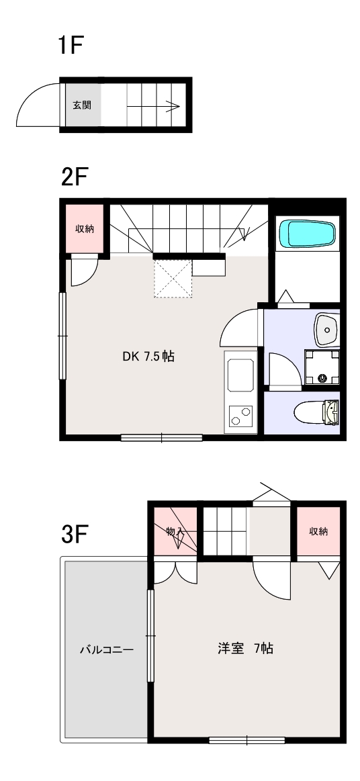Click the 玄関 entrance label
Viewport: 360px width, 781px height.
[82, 105]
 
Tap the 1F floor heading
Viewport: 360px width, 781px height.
[70, 45]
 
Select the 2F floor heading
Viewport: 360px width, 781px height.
[75, 177]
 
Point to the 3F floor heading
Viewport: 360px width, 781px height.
[75, 535]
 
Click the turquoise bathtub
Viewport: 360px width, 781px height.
[307, 234]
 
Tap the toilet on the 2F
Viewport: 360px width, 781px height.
[317, 412]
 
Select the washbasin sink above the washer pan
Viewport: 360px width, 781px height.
[326, 329]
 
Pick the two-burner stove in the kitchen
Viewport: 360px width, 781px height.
[240, 416]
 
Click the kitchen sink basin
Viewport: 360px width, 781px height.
[240, 375]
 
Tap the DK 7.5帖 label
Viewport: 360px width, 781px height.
[148, 357]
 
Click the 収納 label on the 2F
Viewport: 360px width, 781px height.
[85, 228]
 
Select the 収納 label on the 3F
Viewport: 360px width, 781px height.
[318, 531]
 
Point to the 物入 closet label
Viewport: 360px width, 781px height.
[175, 531]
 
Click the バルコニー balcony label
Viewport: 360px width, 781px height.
[107, 650]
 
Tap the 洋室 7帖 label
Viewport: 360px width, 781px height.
[245, 649]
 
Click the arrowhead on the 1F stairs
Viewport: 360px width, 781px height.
[173, 106]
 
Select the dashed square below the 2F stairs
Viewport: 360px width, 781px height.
[173, 279]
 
